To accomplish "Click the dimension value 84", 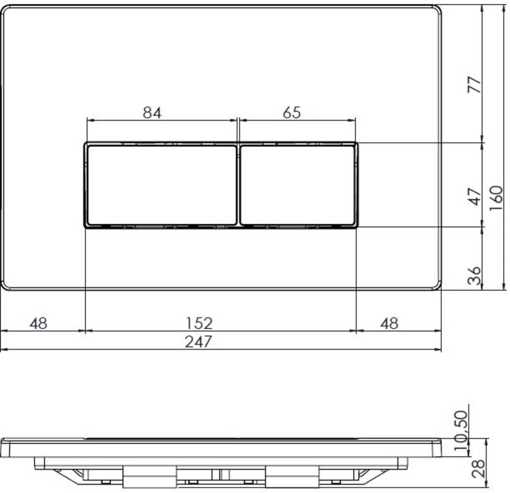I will [x=152, y=113].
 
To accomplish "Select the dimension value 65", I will [x=292, y=113].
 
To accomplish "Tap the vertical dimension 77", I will [x=475, y=85].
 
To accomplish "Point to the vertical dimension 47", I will [x=475, y=196].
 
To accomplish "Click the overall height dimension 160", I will [x=496, y=198].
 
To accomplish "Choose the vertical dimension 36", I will [x=475, y=275].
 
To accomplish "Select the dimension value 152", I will [x=198, y=324].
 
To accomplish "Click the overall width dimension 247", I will [x=198, y=341].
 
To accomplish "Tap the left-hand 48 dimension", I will [x=38, y=324].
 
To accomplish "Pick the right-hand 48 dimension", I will [x=389, y=324].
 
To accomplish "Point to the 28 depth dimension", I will [x=479, y=468].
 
